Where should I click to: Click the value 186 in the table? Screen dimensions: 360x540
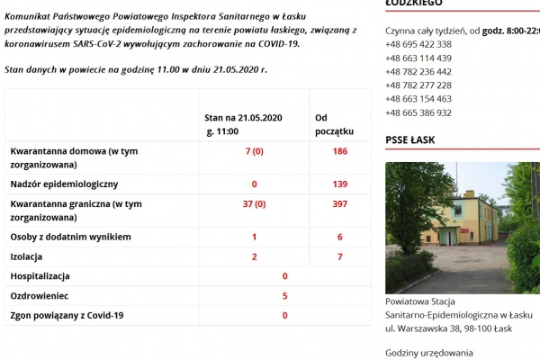pyautogui.click(x=339, y=151)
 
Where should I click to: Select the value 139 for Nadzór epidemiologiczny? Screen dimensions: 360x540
pyautogui.click(x=339, y=184)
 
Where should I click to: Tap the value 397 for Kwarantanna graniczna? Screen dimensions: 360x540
pyautogui.click(x=339, y=204)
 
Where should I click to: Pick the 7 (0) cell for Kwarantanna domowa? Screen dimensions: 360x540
pyautogui.click(x=254, y=151)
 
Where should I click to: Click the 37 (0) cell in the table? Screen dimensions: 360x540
pyautogui.click(x=254, y=204)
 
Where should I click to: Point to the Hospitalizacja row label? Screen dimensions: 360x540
pyautogui.click(x=40, y=276)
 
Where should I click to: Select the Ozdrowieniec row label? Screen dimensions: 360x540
pyautogui.click(x=40, y=295)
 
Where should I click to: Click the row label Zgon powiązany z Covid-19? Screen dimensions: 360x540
pyautogui.click(x=67, y=315)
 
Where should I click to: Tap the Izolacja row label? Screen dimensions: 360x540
pyautogui.click(x=29, y=256)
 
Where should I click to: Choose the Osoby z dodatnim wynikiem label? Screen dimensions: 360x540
pyautogui.click(x=70, y=237)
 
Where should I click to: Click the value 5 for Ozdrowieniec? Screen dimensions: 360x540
pyautogui.click(x=285, y=295)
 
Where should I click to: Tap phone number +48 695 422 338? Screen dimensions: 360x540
pyautogui.click(x=418, y=44)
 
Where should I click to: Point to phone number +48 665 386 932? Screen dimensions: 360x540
pyautogui.click(x=418, y=112)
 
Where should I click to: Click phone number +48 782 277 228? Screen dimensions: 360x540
pyautogui.click(x=418, y=85)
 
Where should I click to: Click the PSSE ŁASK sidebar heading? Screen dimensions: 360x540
pyautogui.click(x=409, y=139)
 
